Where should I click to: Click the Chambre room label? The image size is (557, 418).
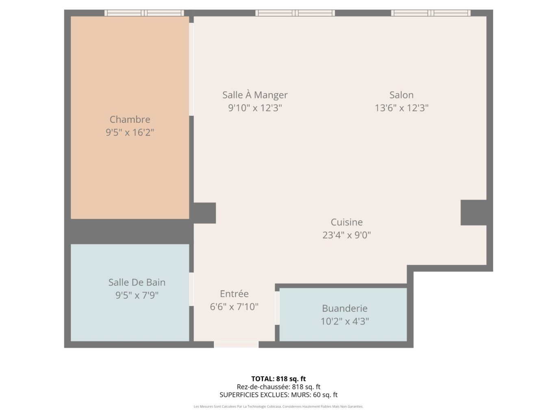[130, 119]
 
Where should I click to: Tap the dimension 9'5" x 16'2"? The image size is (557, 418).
[130, 133]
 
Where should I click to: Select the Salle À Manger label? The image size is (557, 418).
[255, 95]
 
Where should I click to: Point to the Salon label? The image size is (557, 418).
[401, 95]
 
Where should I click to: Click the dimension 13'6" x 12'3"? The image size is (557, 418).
[401, 108]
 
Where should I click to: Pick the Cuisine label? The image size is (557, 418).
[346, 222]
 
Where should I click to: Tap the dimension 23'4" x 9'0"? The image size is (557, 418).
[346, 235]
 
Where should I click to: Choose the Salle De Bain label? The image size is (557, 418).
[137, 282]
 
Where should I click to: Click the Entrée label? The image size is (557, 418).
[234, 294]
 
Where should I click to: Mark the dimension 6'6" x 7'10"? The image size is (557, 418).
[234, 307]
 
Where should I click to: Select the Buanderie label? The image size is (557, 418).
[345, 308]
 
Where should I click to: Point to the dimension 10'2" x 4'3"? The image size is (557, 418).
[345, 322]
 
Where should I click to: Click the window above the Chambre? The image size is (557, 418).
[144, 13]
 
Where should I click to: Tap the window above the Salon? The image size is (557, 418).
[431, 13]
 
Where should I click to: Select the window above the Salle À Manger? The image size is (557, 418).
[295, 13]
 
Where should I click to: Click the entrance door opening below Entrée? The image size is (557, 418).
[236, 344]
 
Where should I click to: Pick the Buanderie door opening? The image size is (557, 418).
[277, 308]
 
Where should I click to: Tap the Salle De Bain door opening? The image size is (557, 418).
[191, 290]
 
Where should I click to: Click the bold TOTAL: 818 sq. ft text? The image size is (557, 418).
[278, 379]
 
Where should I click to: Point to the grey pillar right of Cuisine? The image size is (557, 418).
[474, 213]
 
